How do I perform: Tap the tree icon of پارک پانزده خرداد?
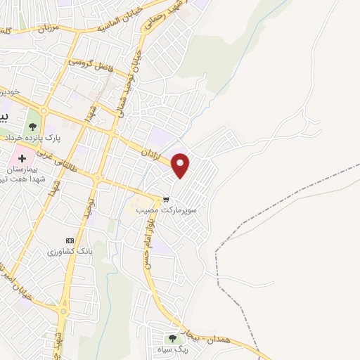point(32,127)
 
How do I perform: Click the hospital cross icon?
point(22,159)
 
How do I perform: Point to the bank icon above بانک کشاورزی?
point(69,240)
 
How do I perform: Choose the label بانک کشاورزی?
point(70,251)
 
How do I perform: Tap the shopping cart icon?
point(167,198)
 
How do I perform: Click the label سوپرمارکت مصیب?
point(167,210)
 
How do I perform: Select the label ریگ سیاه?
point(173,349)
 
